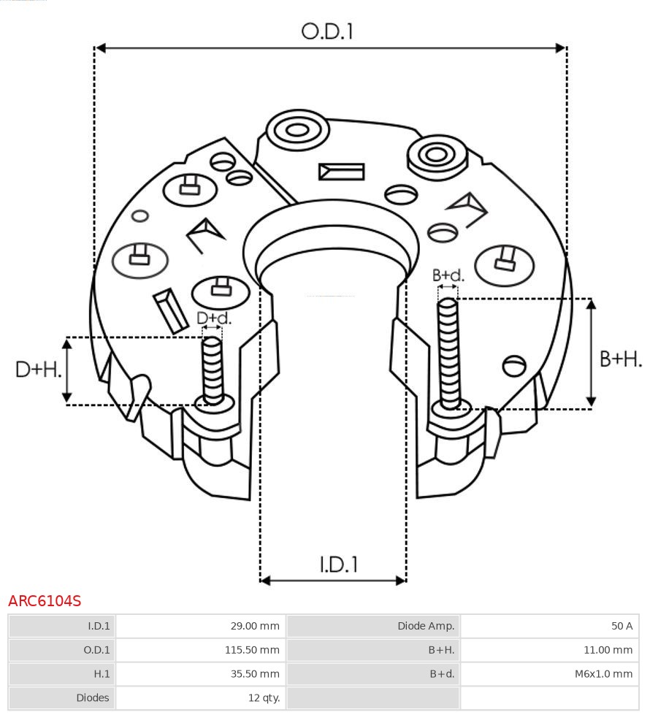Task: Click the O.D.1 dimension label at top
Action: [327, 31]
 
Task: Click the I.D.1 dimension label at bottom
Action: [338, 564]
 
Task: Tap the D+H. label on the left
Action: [38, 370]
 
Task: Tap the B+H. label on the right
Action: [620, 359]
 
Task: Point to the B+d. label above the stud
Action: [448, 275]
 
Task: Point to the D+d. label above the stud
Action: [213, 318]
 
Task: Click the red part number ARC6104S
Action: [45, 601]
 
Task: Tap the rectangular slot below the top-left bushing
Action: [341, 172]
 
